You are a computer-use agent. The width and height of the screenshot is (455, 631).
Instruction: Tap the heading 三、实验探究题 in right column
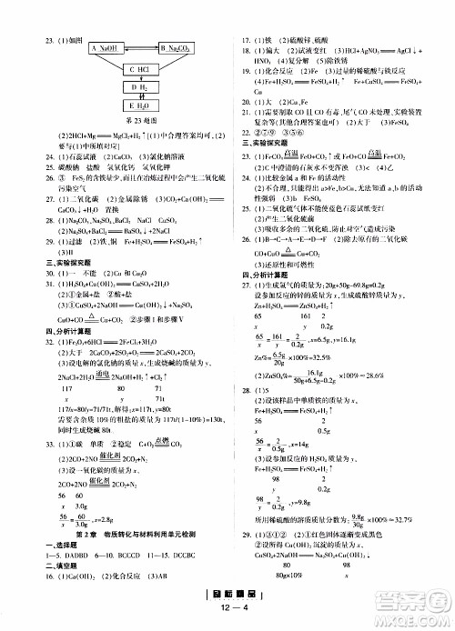257,144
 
